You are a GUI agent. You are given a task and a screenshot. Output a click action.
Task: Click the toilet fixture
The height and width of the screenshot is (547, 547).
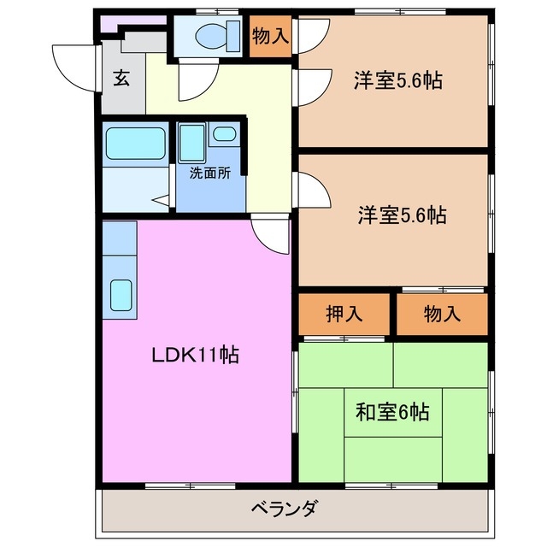210,37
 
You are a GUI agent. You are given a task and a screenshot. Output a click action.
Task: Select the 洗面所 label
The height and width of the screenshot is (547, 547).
209,172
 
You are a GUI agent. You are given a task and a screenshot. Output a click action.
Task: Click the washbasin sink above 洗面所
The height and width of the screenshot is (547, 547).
225,134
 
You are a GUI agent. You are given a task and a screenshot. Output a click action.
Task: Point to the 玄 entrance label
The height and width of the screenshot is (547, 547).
121,79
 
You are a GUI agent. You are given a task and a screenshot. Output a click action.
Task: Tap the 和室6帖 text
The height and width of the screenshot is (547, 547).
392,412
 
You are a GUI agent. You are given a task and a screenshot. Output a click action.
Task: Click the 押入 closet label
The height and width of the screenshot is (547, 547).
344,314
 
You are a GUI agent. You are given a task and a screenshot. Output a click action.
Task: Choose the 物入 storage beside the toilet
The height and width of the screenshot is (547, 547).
270,37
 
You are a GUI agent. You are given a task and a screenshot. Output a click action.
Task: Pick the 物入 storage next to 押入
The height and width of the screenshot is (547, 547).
442,314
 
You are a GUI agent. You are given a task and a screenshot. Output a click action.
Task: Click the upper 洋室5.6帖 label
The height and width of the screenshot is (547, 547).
397,81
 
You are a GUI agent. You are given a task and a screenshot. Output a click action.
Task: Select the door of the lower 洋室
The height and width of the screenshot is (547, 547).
313,190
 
